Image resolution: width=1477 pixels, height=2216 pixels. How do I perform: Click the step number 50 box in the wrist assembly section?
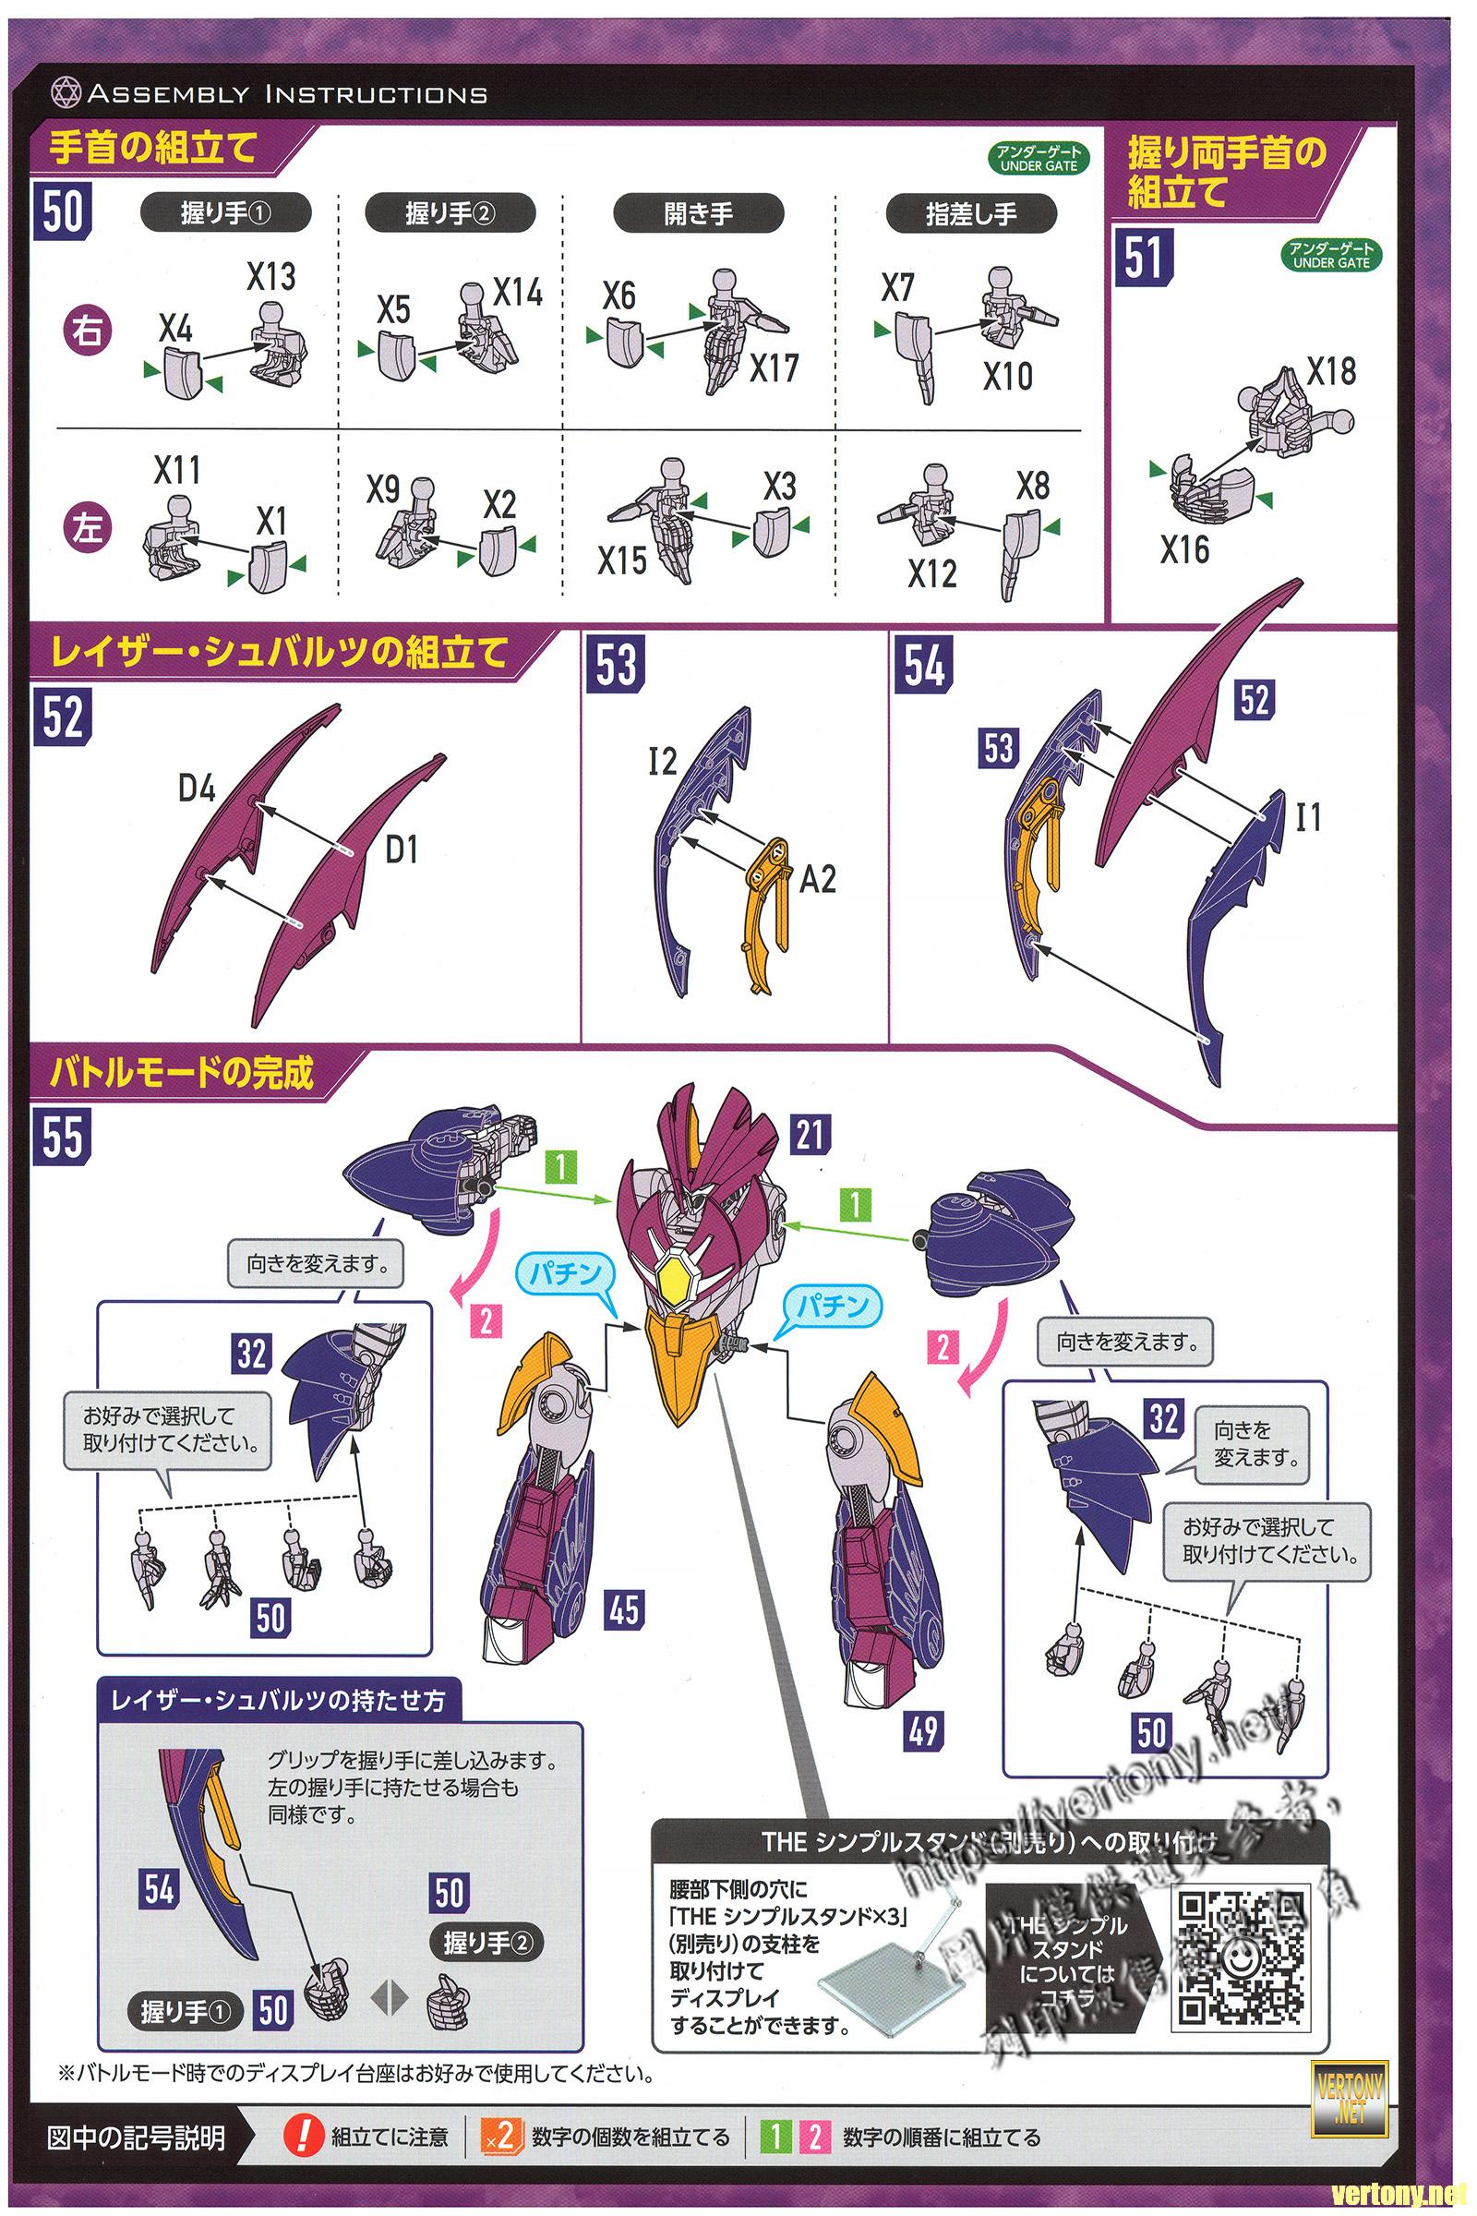point(62,211)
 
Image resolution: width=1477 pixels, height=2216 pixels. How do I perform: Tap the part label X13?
point(271,276)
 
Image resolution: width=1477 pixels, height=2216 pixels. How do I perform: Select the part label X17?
point(774,367)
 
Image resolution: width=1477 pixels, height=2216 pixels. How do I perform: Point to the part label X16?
point(1184,549)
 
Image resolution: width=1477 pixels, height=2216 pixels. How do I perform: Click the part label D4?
point(197,789)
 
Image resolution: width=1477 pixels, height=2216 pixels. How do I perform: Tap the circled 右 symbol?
point(88,331)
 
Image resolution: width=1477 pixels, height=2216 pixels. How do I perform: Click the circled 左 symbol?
point(88,527)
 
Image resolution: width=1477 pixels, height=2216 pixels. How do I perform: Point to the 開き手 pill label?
point(698,214)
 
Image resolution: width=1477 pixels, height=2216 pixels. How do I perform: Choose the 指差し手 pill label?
point(971,214)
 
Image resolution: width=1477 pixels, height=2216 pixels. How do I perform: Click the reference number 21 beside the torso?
point(810,1135)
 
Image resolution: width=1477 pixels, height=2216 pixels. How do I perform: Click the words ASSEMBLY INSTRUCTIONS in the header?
point(287,94)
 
